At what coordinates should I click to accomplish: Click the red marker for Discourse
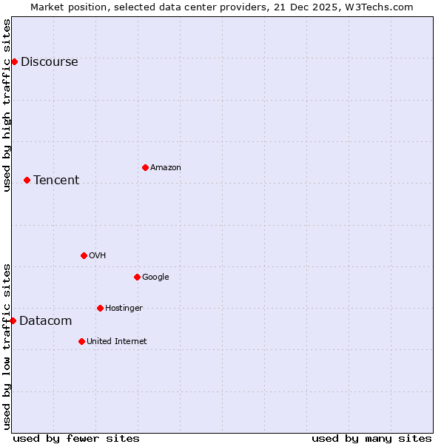click(14, 61)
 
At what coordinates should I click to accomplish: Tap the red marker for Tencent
click(27, 180)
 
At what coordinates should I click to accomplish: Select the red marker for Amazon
click(145, 167)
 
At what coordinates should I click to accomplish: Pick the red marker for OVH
click(84, 255)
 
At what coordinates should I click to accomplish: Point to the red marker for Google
click(137, 277)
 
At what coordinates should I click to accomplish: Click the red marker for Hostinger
click(100, 308)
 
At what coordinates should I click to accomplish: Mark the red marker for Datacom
click(13, 320)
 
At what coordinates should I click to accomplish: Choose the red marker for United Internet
click(81, 341)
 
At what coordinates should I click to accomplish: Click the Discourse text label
click(49, 62)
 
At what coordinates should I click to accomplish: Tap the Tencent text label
click(56, 181)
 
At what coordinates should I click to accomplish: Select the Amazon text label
click(166, 168)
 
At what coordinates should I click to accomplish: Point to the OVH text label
click(97, 256)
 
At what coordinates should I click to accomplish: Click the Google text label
click(155, 277)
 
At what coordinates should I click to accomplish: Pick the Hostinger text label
click(124, 309)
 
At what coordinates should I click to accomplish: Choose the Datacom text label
click(46, 321)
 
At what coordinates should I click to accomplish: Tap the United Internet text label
click(116, 342)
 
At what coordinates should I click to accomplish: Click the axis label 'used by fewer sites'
click(76, 438)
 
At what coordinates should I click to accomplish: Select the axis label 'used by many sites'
click(371, 438)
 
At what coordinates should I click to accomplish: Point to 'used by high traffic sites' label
click(7, 105)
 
